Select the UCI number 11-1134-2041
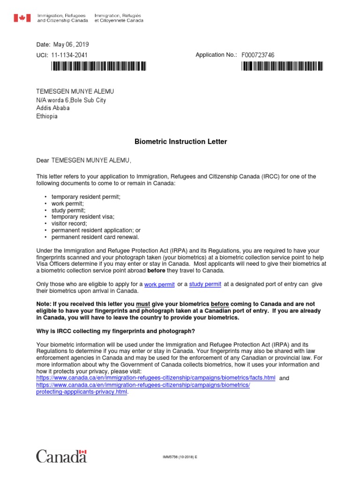[x=69, y=55]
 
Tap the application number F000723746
[x=258, y=55]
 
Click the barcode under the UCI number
[x=99, y=67]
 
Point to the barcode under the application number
[x=282, y=67]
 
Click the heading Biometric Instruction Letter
[x=181, y=142]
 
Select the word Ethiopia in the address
[x=47, y=116]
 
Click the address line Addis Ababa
[x=53, y=108]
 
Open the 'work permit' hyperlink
[x=159, y=285]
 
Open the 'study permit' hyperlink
[x=205, y=284]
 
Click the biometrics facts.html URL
[x=156, y=378]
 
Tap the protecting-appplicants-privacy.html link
[x=82, y=391]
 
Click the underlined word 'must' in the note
[x=142, y=304]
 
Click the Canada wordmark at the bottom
[x=61, y=456]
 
